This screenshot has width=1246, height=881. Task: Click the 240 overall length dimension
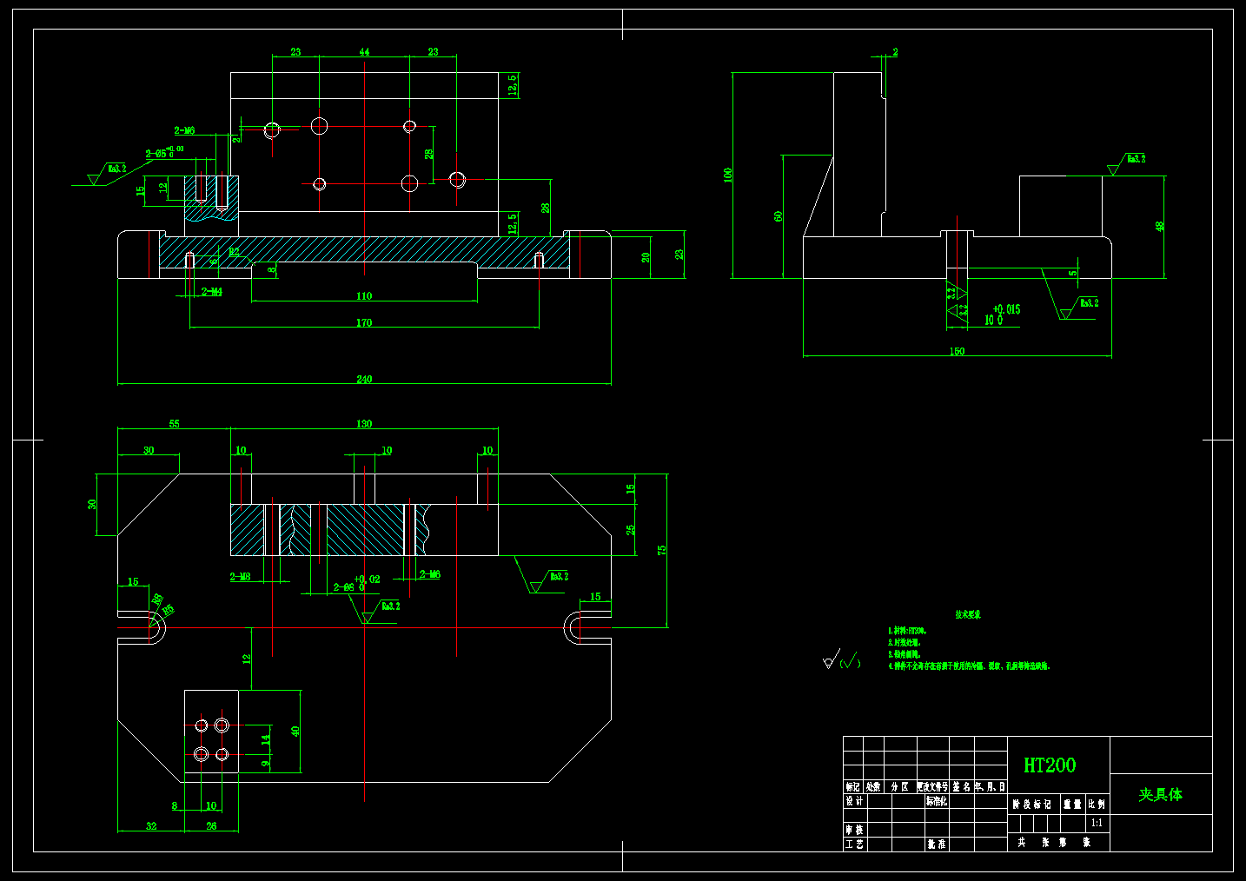[364, 379]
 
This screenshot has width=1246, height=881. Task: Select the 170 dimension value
[364, 322]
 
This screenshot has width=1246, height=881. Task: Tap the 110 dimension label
[364, 296]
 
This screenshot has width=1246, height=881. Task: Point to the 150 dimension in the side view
[957, 351]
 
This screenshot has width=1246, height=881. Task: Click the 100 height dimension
[728, 175]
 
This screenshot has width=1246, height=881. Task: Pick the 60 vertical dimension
[779, 215]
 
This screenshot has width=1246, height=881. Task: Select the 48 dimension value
[1159, 226]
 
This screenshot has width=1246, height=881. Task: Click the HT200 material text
[1050, 765]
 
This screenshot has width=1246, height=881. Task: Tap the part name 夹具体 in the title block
[1161, 794]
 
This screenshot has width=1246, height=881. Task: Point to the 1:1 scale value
[1097, 823]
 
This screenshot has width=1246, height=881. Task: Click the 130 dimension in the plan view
[364, 424]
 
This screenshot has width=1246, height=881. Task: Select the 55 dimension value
[175, 424]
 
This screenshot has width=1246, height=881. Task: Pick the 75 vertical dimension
[662, 551]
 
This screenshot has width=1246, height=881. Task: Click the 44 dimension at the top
[364, 52]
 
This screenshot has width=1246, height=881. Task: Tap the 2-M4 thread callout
[212, 292]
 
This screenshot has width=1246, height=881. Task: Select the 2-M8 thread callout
[241, 577]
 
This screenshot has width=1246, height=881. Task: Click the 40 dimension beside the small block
[295, 732]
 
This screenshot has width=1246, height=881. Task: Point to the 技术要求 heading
[968, 614]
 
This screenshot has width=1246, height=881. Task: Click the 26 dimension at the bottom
[211, 826]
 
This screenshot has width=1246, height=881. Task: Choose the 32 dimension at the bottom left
[151, 826]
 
